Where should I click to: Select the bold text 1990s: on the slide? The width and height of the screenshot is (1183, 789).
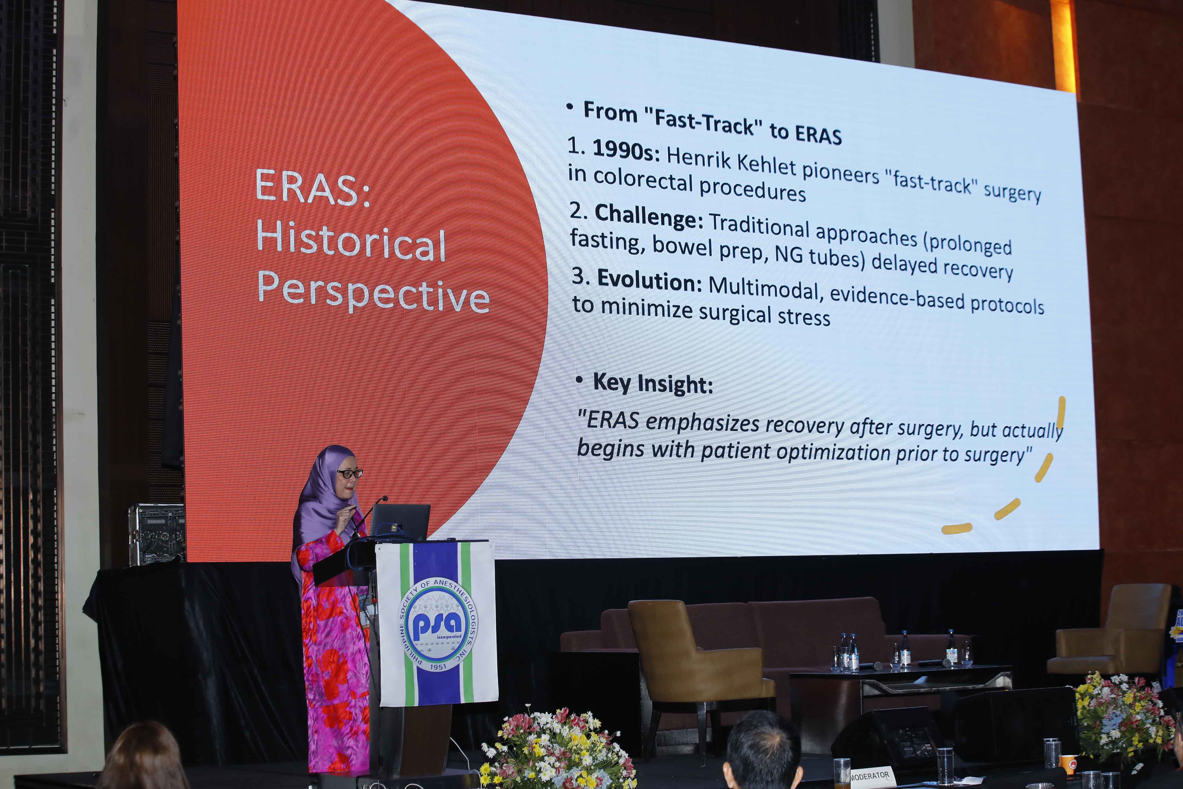626,150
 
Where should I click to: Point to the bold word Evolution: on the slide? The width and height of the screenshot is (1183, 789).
649,280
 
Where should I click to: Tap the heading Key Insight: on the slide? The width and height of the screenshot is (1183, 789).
653,383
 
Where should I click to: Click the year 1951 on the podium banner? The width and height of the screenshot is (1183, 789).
438,667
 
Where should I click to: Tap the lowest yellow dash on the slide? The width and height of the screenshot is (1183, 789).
957,528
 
